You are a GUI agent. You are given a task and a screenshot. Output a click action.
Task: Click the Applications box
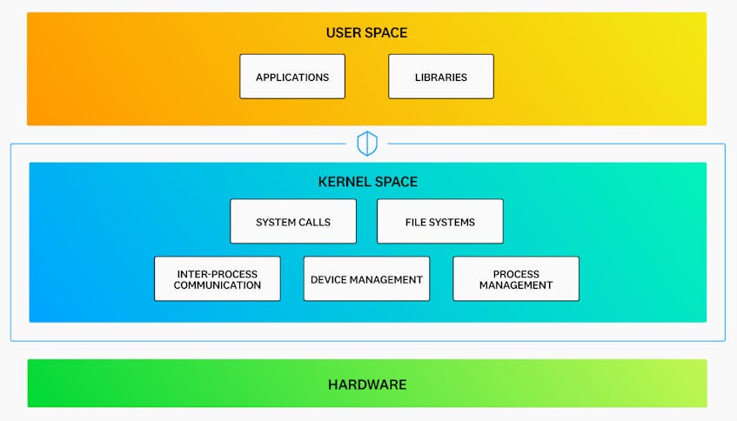tap(292, 77)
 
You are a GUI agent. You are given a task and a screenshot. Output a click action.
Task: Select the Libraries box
tap(441, 77)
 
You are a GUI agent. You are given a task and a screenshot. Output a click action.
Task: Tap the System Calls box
tap(293, 221)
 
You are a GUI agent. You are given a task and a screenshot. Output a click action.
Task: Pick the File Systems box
tap(440, 221)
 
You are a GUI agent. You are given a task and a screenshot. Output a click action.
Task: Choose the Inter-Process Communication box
tap(218, 278)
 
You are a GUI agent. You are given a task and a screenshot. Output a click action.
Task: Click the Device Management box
tap(366, 278)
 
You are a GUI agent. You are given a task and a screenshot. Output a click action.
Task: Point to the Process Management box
tap(516, 278)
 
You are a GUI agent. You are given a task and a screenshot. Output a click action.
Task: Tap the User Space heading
tap(366, 33)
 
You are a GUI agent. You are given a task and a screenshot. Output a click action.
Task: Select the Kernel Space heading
tap(367, 182)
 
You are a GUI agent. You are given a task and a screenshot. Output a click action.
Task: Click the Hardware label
tap(367, 384)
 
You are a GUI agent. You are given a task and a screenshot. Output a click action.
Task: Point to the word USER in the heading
tap(342, 33)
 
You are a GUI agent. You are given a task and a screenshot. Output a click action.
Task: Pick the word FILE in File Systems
tap(416, 223)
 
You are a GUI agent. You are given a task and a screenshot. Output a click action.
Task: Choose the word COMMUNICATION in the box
tap(218, 285)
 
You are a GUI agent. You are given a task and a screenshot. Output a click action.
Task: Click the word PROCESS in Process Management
tap(516, 274)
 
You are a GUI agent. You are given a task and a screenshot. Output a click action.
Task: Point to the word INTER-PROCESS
tap(218, 274)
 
